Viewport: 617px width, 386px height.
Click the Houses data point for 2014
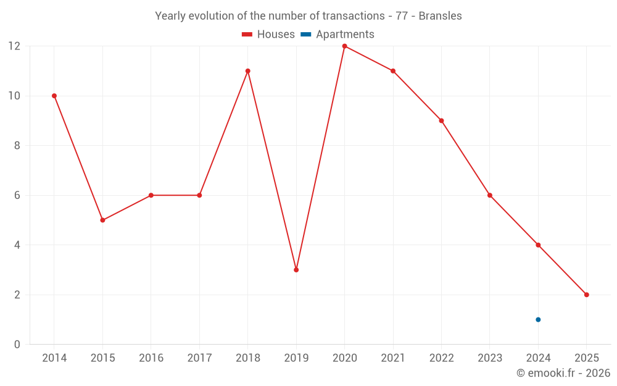tap(54, 96)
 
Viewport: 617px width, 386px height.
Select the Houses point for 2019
tap(296, 270)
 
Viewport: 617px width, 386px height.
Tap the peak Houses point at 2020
tap(344, 46)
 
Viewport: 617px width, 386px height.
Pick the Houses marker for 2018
tap(248, 71)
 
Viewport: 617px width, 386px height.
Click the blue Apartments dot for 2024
tap(538, 319)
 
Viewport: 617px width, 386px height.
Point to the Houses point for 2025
tap(586, 295)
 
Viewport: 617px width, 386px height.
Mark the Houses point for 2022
tap(441, 120)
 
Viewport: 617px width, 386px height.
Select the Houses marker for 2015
tap(102, 220)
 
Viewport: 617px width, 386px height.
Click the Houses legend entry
tap(268, 35)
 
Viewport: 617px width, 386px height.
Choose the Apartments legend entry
tap(337, 35)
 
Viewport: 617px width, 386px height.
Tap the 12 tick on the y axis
tap(14, 46)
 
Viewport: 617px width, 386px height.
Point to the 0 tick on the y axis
tap(17, 344)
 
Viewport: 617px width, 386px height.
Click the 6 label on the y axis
tap(17, 195)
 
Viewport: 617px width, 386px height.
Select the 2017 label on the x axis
tap(199, 358)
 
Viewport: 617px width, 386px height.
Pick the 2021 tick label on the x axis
tap(393, 358)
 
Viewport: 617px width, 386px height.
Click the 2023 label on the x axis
tap(490, 358)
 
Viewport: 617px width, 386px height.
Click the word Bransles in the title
tap(440, 16)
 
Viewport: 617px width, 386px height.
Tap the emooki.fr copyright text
tap(563, 373)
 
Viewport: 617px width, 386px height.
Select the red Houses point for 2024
tap(538, 245)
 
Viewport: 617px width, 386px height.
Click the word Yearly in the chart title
tap(169, 16)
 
